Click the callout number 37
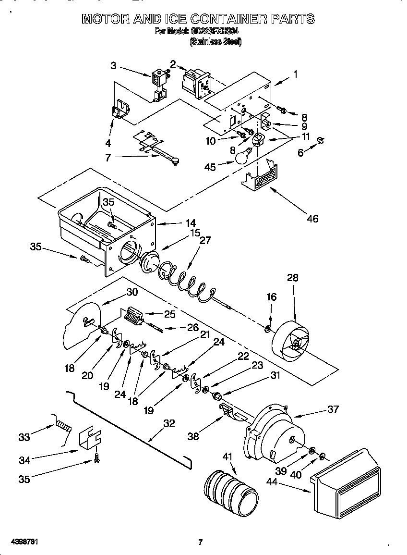(333, 409)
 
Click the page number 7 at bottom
(201, 543)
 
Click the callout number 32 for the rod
(169, 423)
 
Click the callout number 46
(312, 219)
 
